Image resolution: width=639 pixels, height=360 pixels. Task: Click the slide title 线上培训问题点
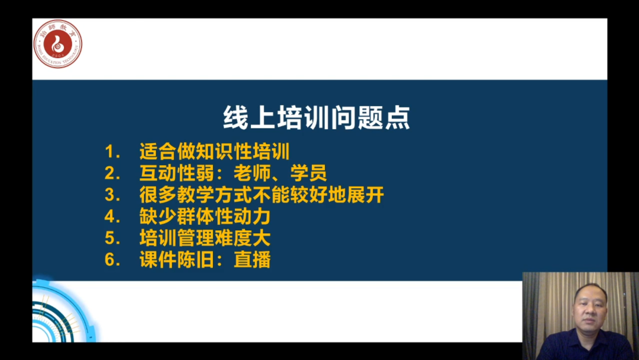pyautogui.click(x=317, y=118)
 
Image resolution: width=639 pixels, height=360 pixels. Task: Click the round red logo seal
pyautogui.click(x=57, y=44)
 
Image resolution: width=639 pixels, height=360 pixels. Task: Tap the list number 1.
pyautogui.click(x=112, y=152)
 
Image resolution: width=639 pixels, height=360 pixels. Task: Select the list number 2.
pyautogui.click(x=112, y=173)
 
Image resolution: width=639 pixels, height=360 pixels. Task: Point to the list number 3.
pyautogui.click(x=112, y=195)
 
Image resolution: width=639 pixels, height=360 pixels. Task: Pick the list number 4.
pyautogui.click(x=112, y=217)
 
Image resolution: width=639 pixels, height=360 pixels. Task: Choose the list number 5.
pyautogui.click(x=112, y=238)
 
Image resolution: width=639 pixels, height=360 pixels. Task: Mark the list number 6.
pyautogui.click(x=112, y=260)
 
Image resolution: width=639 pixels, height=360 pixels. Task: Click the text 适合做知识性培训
pyautogui.click(x=215, y=151)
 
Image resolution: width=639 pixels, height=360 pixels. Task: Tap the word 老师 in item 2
pyautogui.click(x=252, y=173)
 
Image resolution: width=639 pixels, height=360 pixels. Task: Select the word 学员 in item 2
pyautogui.click(x=308, y=173)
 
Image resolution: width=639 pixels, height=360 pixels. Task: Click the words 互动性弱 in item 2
pyautogui.click(x=177, y=173)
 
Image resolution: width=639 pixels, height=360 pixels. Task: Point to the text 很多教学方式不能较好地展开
pyautogui.click(x=262, y=194)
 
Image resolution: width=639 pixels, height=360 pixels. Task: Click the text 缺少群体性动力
pyautogui.click(x=205, y=216)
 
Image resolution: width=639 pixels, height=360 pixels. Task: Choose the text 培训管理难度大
pyautogui.click(x=205, y=237)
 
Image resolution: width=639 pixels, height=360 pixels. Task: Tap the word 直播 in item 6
pyautogui.click(x=252, y=259)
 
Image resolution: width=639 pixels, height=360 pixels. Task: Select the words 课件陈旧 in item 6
pyautogui.click(x=177, y=259)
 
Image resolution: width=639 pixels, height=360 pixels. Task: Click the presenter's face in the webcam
pyautogui.click(x=590, y=308)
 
